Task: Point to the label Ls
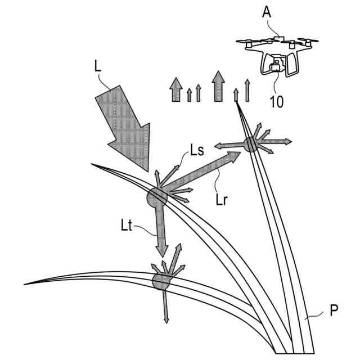196,150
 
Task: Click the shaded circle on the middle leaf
156,197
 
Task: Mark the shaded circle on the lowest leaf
161,281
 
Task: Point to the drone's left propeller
248,41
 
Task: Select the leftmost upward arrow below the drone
176,90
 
